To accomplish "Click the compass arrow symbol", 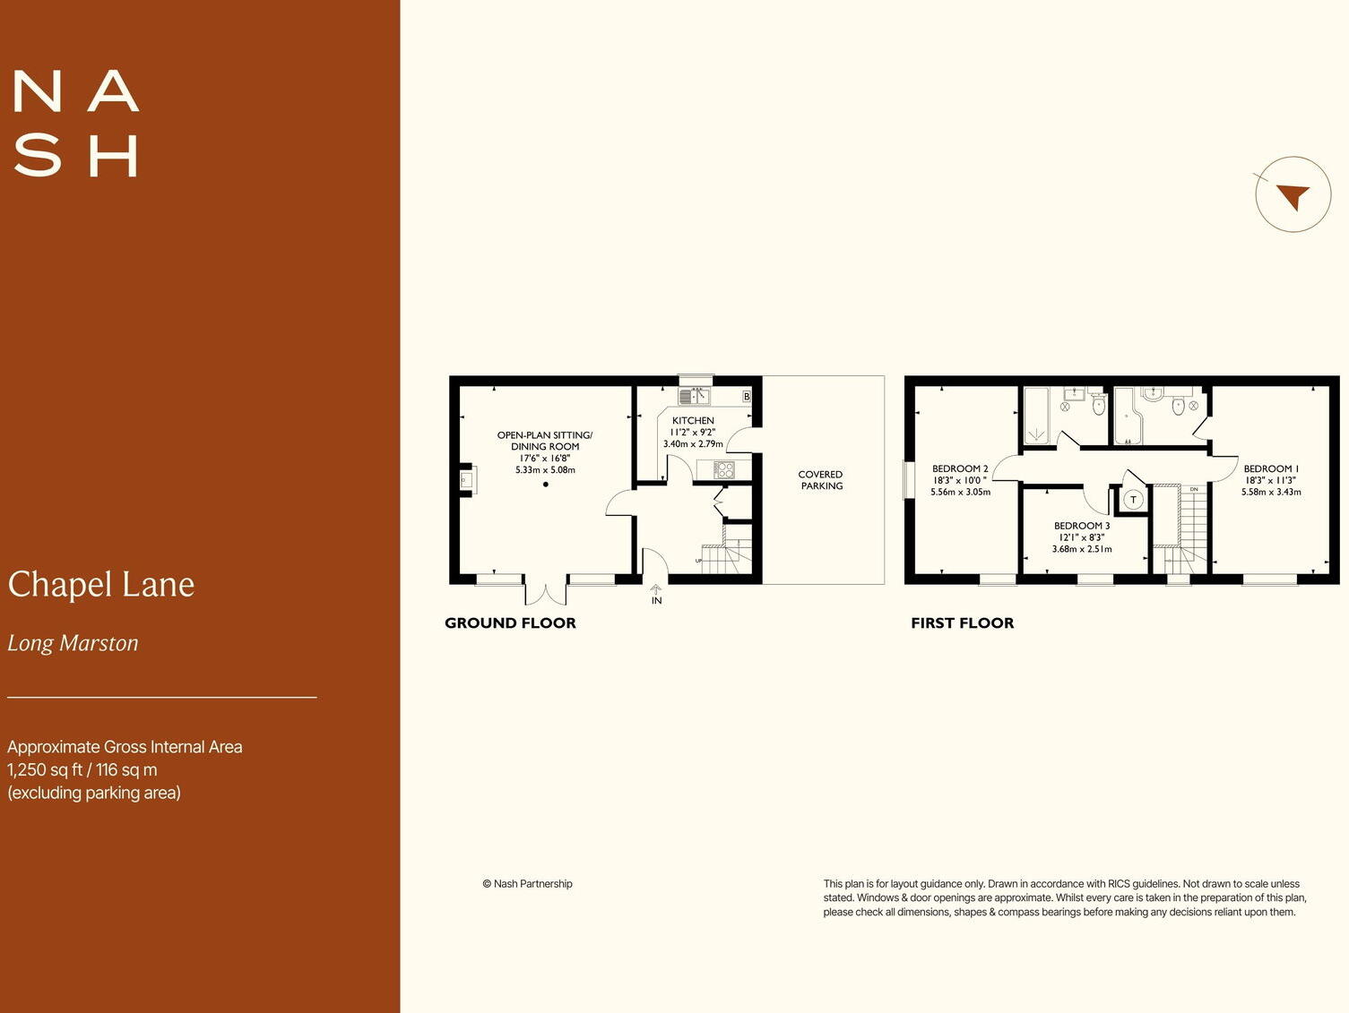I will click(x=1293, y=195).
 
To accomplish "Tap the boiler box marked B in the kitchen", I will click(x=747, y=396).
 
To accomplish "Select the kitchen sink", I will click(x=695, y=396).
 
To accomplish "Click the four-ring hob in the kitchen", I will click(x=723, y=469).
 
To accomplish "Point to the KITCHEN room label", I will click(x=693, y=420).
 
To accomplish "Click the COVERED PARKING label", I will click(x=821, y=480).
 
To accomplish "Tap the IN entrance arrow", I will click(x=656, y=590).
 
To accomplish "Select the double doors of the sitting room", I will click(x=545, y=592).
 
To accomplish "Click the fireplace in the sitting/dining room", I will click(x=467, y=480).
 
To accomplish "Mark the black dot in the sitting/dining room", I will click(x=545, y=485).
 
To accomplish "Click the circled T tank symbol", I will click(x=1133, y=500).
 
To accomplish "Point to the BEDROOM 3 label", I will click(x=1082, y=526).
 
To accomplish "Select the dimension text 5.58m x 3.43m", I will click(x=1271, y=492).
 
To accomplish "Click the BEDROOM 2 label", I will click(x=960, y=468).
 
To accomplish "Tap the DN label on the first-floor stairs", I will click(x=1194, y=489).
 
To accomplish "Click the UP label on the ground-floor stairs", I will click(x=698, y=561).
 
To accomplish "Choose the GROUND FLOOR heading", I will click(x=510, y=623).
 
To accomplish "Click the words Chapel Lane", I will click(x=101, y=585).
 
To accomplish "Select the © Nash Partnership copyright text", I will click(x=527, y=884).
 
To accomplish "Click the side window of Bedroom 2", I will click(x=908, y=481).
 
